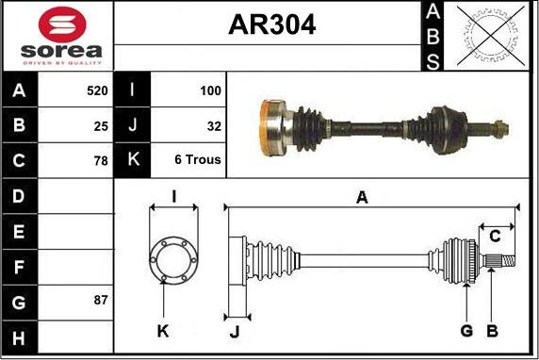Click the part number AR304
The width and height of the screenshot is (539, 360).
[x=272, y=25]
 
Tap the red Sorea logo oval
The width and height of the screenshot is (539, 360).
[x=62, y=25]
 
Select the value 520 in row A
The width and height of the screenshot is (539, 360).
[x=97, y=90]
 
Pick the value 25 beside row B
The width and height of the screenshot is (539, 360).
[x=101, y=126]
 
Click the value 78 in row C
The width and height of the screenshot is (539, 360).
[x=101, y=160]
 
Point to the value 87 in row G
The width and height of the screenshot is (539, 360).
[x=101, y=300]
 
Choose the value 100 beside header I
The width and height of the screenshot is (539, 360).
[x=210, y=90]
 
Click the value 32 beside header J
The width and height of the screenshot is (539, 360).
[x=214, y=126]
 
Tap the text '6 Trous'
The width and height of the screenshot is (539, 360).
[x=198, y=159]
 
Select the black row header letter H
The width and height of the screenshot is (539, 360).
[x=19, y=337]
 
